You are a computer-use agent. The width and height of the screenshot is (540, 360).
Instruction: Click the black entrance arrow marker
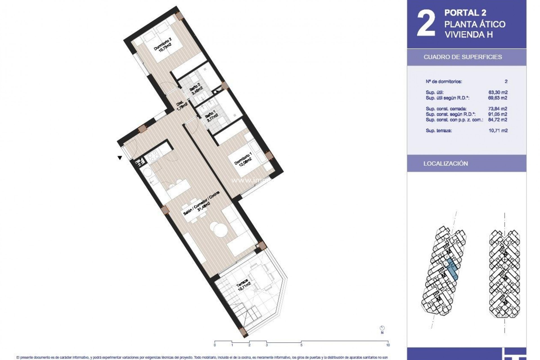120,158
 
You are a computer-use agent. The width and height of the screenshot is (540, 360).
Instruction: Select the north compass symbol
382,328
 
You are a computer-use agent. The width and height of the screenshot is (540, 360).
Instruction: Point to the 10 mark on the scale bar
388,345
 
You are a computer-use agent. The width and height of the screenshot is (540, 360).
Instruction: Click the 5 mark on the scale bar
301,345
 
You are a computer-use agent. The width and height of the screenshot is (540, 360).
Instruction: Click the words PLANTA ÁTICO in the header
475,24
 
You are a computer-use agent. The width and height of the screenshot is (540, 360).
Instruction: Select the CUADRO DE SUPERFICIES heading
463,57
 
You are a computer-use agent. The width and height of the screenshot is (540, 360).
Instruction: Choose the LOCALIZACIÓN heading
445,164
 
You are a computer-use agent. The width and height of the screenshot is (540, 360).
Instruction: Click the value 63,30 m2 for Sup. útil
498,92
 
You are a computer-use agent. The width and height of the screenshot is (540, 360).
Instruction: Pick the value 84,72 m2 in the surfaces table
498,120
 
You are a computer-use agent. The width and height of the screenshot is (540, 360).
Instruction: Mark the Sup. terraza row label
439,130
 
